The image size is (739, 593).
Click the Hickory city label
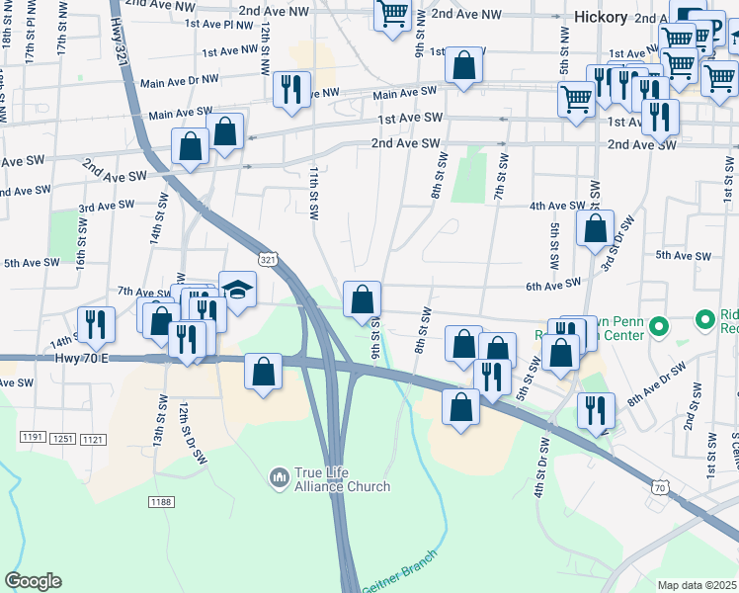click(601, 17)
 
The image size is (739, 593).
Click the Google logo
click(33, 581)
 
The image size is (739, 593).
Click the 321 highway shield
click(268, 258)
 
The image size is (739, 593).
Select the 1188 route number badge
click(162, 503)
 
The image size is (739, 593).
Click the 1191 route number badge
click(33, 436)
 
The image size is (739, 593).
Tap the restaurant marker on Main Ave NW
click(291, 88)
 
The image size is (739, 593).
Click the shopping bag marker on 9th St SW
click(363, 298)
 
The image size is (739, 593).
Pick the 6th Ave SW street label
click(553, 285)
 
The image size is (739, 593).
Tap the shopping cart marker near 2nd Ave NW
click(393, 14)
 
